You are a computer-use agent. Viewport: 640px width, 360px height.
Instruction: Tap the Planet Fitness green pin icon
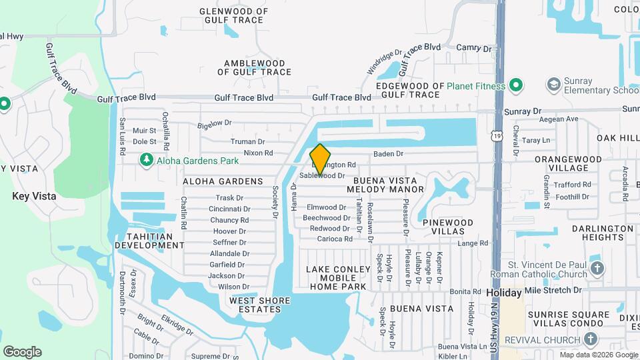click(x=515, y=85)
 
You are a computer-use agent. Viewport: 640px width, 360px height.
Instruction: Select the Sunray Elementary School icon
click(x=553, y=85)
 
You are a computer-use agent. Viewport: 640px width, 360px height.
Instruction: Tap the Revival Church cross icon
click(x=590, y=339)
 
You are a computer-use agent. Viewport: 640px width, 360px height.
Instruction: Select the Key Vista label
click(x=34, y=196)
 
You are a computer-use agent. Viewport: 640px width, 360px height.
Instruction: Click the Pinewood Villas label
click(x=447, y=226)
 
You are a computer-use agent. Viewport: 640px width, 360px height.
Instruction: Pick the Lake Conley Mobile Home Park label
click(x=337, y=278)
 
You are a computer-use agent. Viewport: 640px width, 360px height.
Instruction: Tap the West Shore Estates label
click(x=259, y=305)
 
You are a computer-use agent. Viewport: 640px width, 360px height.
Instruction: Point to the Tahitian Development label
click(x=149, y=241)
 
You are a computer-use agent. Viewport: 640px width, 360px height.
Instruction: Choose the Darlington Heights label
click(x=602, y=233)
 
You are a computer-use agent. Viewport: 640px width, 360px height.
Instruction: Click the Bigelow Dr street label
click(x=214, y=123)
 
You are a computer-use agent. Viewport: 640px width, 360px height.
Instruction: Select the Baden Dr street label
click(x=389, y=153)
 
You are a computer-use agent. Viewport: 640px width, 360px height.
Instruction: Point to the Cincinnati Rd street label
click(x=229, y=209)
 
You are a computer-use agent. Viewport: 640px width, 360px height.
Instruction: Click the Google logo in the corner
click(x=22, y=352)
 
